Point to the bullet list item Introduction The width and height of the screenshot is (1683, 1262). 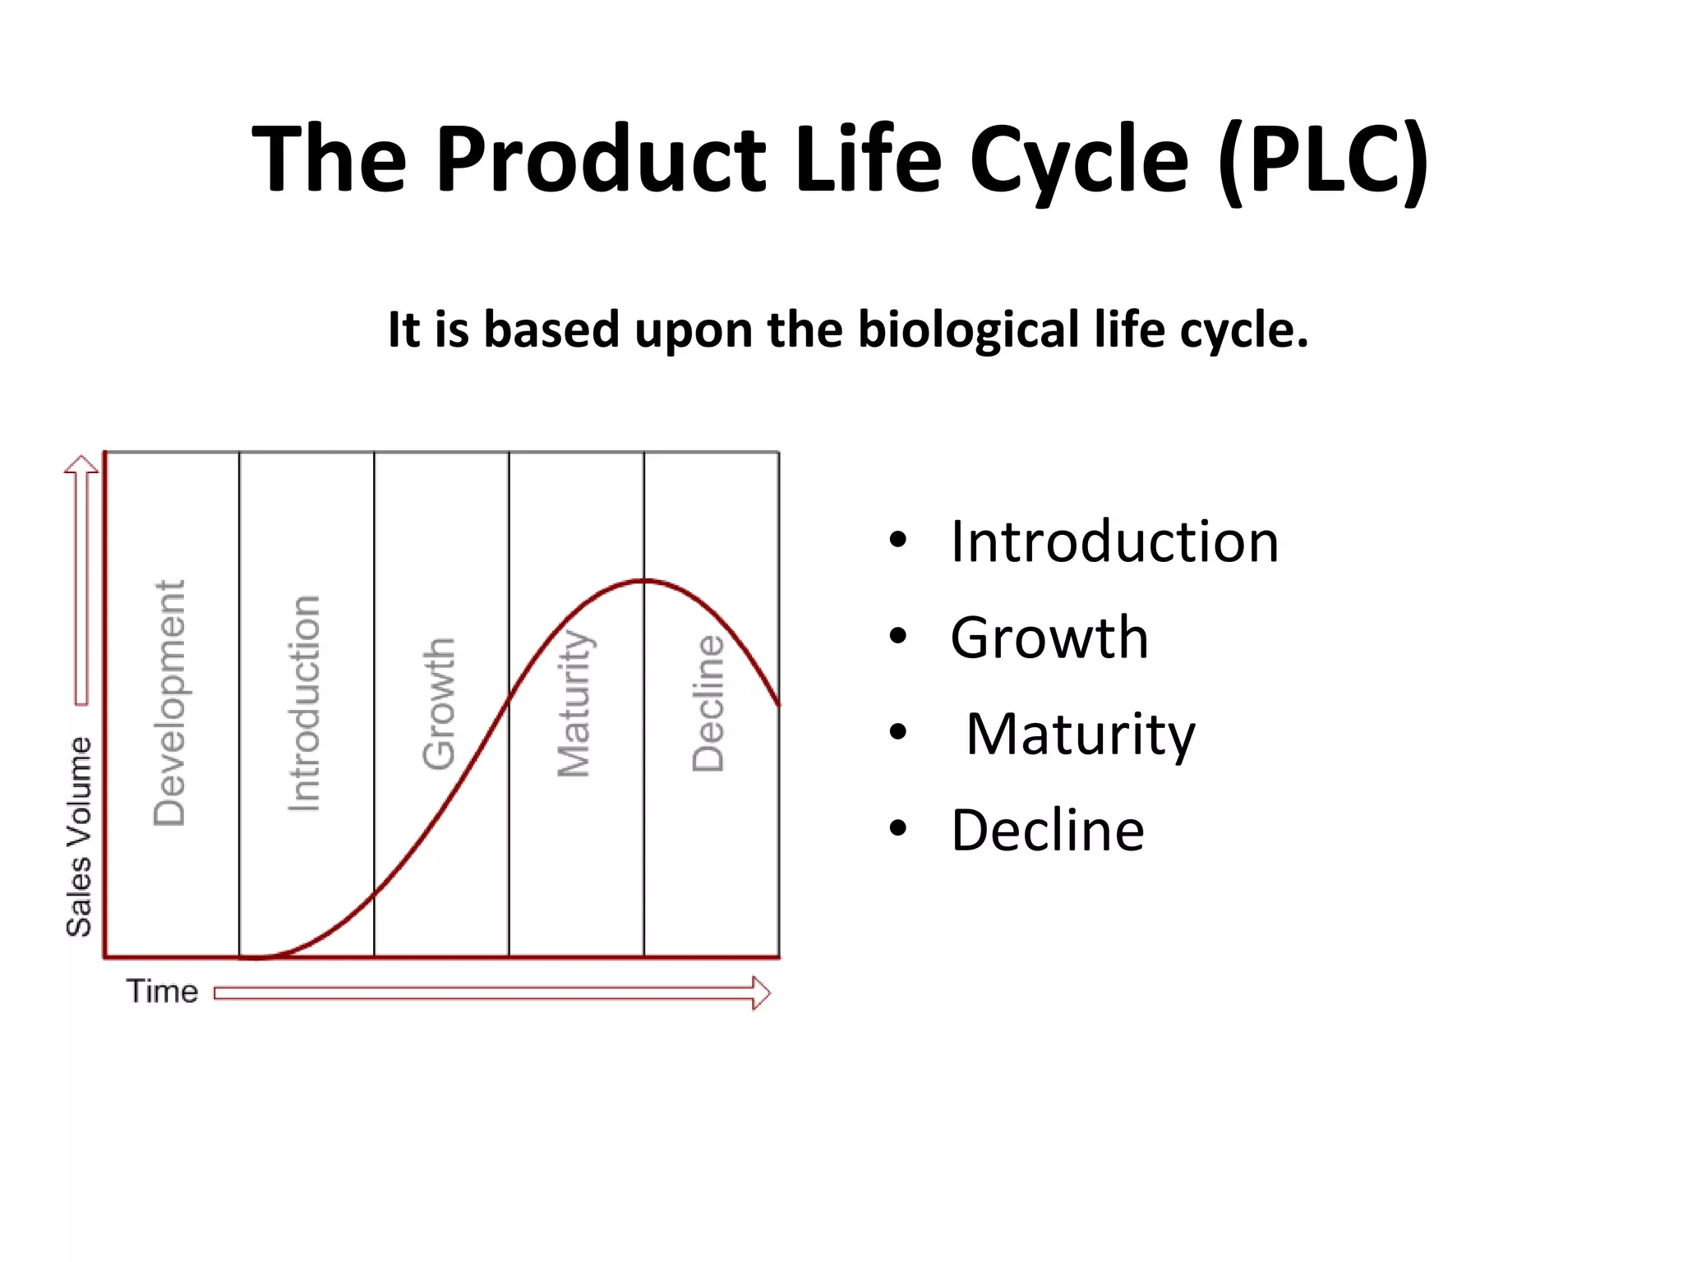click(1114, 542)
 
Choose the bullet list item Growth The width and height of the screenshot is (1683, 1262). click(1049, 638)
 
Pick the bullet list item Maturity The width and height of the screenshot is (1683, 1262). click(1080, 735)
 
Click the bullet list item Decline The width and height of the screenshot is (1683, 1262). click(1047, 831)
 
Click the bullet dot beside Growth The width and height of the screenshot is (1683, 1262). click(897, 637)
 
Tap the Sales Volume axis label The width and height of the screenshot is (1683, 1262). click(79, 836)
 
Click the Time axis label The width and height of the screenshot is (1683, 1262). click(162, 992)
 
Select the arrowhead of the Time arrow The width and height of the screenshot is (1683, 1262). click(762, 993)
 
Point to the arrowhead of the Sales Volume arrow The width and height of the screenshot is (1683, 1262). click(81, 464)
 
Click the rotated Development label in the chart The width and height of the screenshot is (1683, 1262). click(170, 703)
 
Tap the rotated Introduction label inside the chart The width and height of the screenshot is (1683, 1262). click(305, 703)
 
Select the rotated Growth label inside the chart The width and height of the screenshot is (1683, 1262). click(439, 703)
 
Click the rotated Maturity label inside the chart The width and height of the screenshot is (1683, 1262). click(574, 703)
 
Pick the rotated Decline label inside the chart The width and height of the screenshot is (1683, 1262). click(708, 703)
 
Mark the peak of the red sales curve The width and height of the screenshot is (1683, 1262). click(644, 581)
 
